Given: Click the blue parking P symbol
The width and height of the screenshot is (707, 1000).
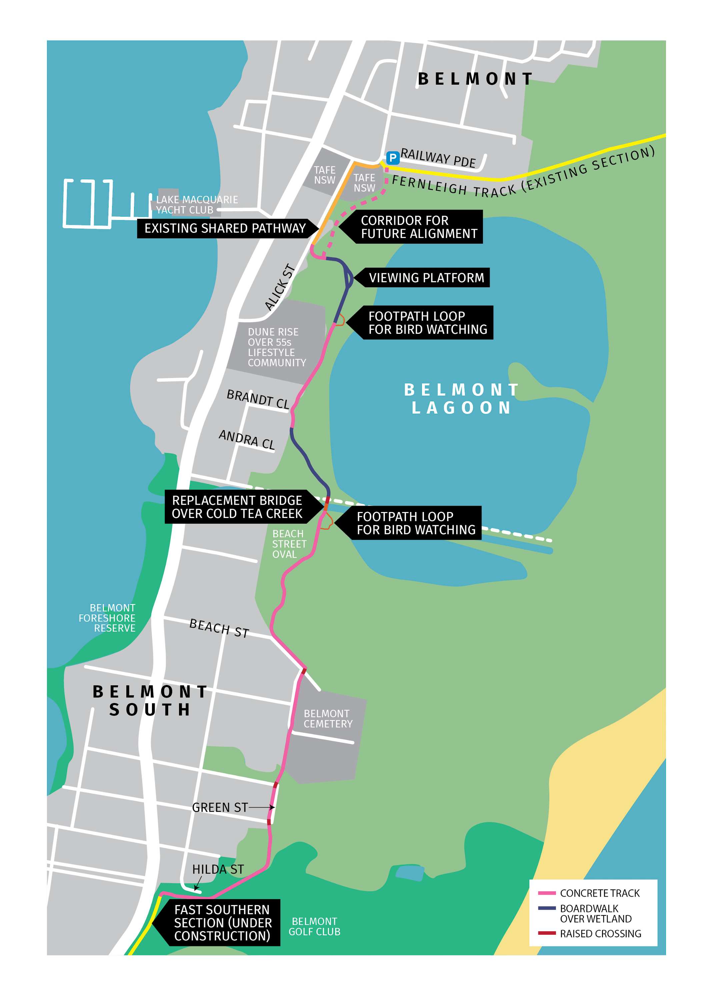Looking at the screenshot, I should [392, 158].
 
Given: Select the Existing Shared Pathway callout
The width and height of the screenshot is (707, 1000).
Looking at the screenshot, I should [225, 228].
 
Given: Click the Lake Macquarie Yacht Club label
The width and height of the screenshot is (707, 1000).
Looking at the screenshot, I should [197, 205].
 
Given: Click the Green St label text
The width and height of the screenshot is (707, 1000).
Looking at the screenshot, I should [220, 807].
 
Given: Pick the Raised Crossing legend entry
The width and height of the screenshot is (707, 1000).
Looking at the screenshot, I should [600, 933].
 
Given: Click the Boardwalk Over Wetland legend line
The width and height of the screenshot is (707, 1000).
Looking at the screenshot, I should [547, 908].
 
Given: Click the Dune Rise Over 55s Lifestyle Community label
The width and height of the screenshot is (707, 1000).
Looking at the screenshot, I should [276, 347].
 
